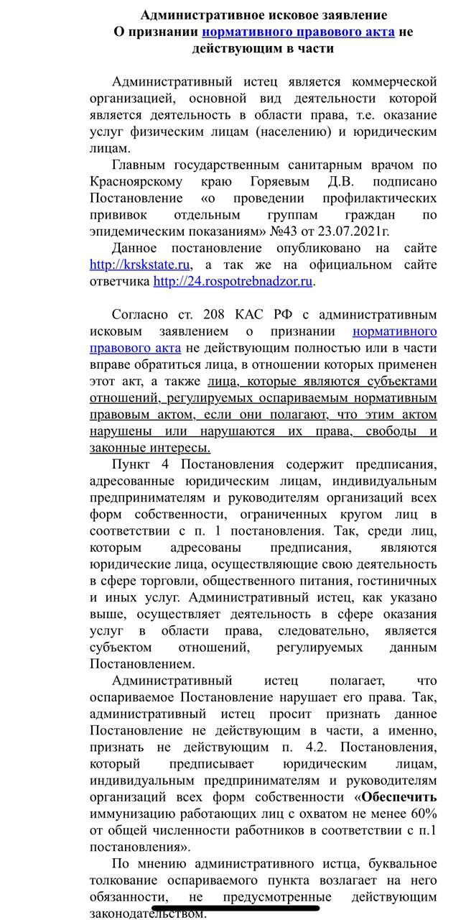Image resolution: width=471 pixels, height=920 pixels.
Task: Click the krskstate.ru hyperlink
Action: click(141, 264)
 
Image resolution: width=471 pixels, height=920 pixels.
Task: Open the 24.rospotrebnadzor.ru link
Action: click(233, 281)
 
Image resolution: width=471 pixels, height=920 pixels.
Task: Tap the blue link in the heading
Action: click(297, 32)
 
